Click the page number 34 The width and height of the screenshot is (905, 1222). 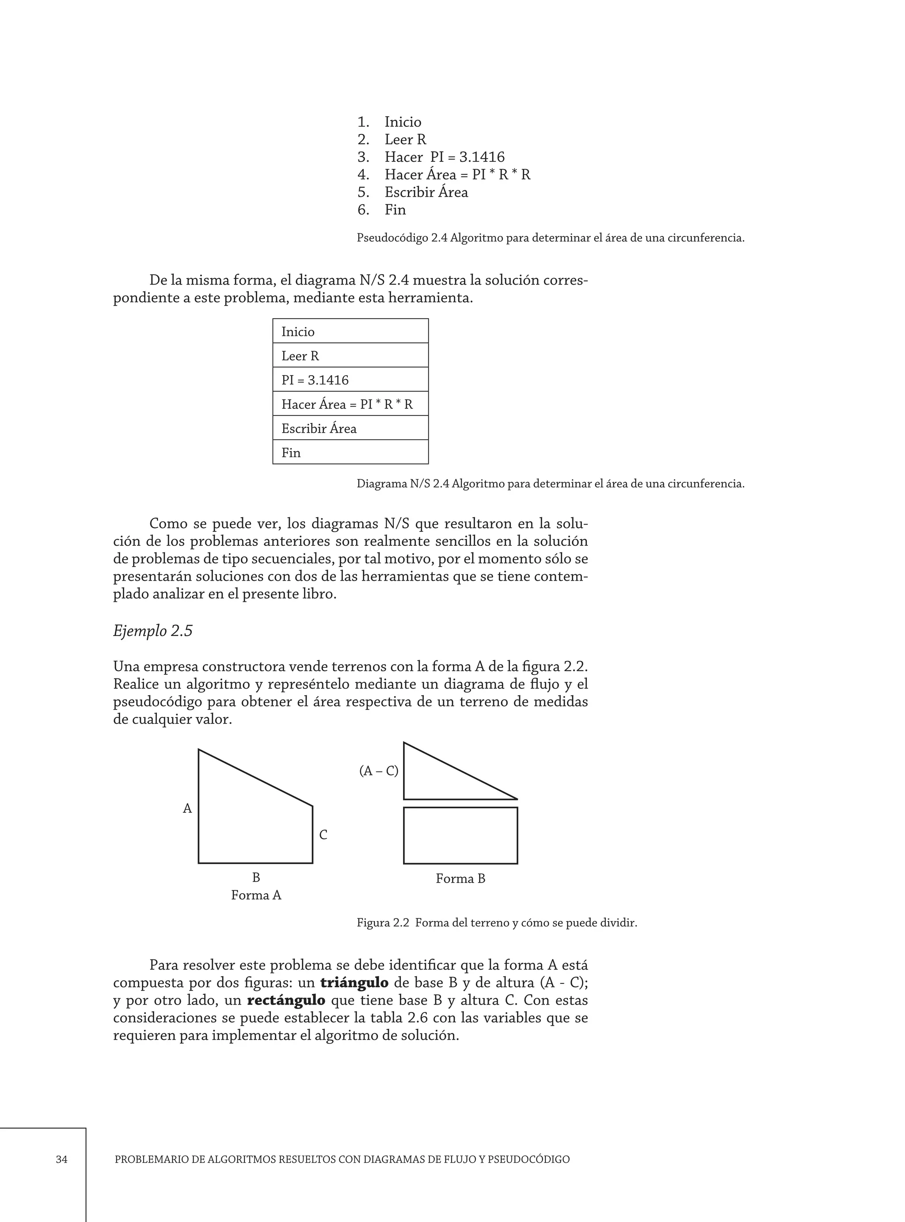point(61,1159)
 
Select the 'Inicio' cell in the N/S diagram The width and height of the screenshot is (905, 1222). point(350,331)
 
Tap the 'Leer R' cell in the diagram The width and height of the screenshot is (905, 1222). point(350,355)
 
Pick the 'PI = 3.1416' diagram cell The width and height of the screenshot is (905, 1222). point(350,380)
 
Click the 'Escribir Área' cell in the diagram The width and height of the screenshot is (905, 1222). point(350,428)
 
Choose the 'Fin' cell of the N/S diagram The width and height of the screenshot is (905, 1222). point(350,453)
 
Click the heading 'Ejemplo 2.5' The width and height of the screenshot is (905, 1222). point(153,631)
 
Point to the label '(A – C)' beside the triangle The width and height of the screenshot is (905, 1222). point(379,771)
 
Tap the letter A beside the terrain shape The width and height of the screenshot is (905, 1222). point(187,808)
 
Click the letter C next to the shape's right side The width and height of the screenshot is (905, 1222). point(323,835)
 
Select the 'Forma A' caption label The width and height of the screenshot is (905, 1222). point(256,895)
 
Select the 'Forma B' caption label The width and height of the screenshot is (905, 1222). point(460,879)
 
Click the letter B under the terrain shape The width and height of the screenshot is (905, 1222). point(256,877)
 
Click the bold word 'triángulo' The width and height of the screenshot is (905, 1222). point(354,982)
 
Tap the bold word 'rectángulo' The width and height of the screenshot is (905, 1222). point(286,1000)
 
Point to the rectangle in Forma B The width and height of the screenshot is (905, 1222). point(460,835)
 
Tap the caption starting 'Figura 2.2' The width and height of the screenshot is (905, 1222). point(496,922)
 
